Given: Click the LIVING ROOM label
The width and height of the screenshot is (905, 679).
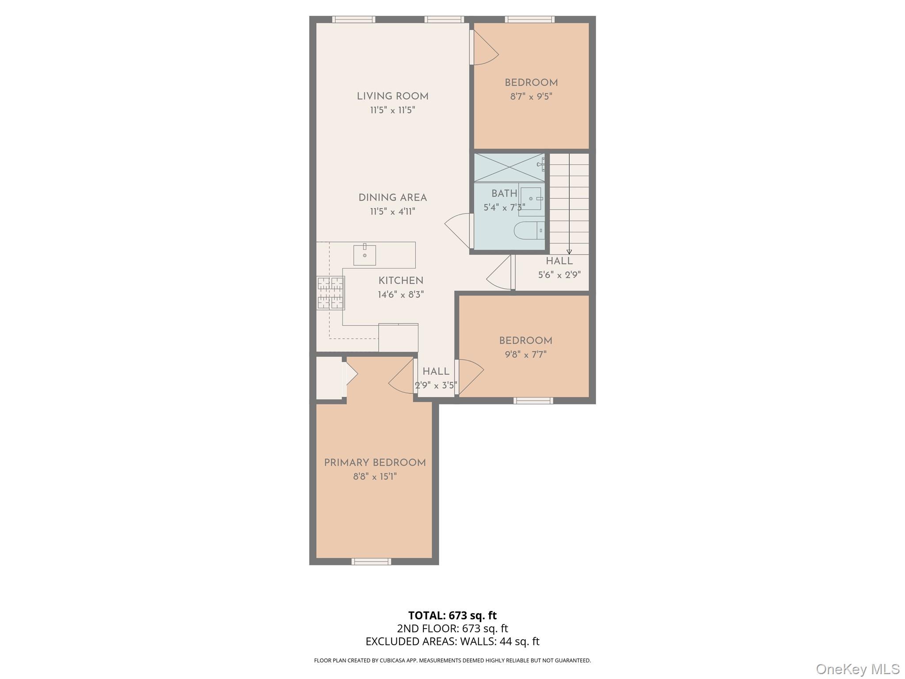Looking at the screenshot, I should (392, 96).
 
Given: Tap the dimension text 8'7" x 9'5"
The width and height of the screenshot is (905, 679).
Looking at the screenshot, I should (531, 96).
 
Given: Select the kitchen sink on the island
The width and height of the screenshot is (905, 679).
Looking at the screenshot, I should (365, 255).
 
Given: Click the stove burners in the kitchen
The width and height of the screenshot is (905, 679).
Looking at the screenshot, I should (331, 293).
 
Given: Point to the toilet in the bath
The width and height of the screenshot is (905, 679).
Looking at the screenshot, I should (528, 230).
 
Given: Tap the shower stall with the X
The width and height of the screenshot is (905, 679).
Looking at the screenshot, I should (509, 167).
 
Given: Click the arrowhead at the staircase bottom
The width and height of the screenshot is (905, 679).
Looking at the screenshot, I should (569, 252).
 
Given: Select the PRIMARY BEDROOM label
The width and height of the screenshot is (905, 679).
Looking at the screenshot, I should (375, 463).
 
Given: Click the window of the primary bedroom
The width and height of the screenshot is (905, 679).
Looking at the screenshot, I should (371, 561).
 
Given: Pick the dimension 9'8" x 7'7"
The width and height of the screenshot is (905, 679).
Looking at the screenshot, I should (525, 355).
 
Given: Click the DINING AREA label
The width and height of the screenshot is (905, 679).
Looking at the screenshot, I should (392, 198).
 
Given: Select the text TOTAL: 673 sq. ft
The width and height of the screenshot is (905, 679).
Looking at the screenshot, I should (452, 615).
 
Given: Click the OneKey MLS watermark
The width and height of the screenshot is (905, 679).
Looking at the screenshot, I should (857, 669).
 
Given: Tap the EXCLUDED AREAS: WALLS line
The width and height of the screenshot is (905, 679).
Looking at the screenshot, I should (452, 641).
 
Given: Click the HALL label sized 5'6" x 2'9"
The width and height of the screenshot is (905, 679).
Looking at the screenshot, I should (559, 261).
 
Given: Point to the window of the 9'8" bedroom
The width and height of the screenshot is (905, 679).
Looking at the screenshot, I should (533, 401).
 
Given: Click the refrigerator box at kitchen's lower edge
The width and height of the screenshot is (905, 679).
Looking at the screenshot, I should (398, 338).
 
